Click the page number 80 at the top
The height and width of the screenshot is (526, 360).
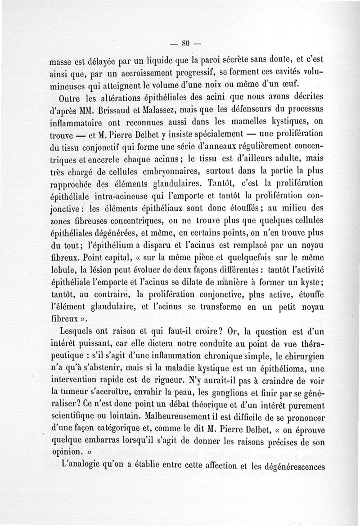click(x=184, y=44)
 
